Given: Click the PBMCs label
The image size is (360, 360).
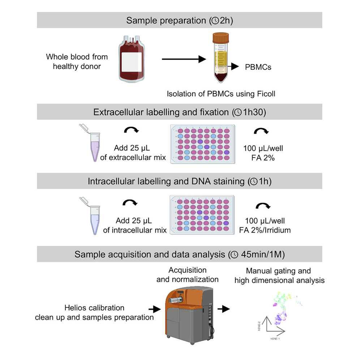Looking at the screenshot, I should point(258,67).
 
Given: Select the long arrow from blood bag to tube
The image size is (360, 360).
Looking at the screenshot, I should point(181,60).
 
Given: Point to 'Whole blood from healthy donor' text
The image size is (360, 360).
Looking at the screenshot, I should point(77,61).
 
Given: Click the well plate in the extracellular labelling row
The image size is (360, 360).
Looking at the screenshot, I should point(202,143).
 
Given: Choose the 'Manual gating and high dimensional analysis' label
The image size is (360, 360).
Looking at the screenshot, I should point(278,275).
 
